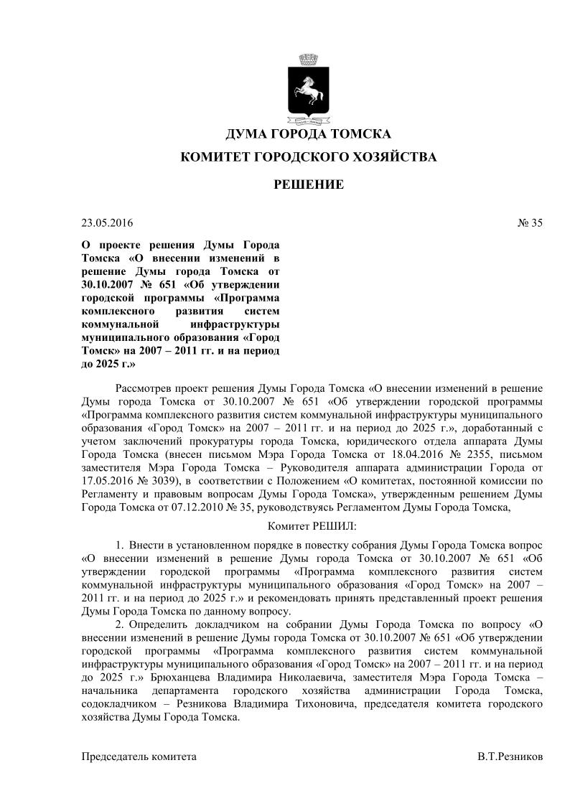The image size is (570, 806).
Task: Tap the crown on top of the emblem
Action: [309, 58]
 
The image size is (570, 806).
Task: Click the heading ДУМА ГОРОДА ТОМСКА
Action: [309, 134]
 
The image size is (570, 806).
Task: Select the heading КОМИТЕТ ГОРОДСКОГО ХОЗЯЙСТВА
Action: [309, 158]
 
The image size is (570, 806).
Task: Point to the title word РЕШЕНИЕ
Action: [309, 185]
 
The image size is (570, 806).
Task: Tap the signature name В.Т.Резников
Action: [510, 757]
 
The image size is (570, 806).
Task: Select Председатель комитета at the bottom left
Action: [139, 757]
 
